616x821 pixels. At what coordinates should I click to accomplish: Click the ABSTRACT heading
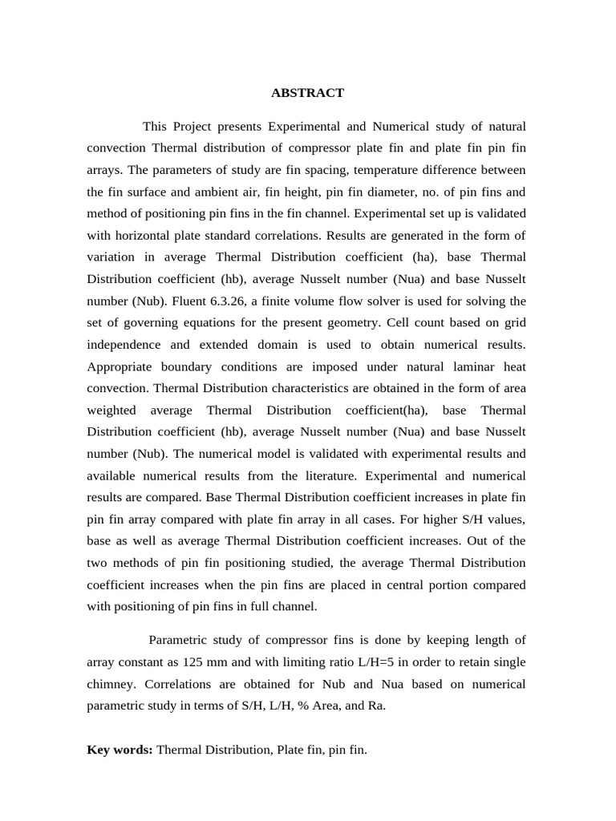tap(307, 93)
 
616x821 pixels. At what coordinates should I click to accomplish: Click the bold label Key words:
tap(120, 750)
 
